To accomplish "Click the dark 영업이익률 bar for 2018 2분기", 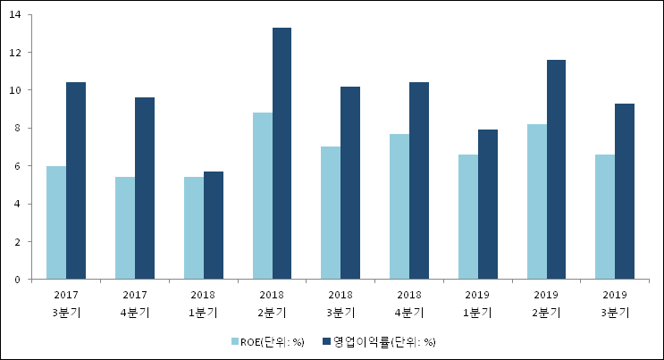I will click(x=282, y=154).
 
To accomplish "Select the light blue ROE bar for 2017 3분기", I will click(x=56, y=222).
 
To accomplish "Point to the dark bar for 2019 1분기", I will click(x=488, y=205).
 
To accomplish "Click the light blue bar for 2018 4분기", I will click(x=399, y=206).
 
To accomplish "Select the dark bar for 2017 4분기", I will click(x=145, y=188).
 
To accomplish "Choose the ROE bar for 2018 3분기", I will click(x=330, y=213).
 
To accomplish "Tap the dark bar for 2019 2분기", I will click(x=556, y=170).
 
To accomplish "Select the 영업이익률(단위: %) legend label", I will click(x=385, y=341).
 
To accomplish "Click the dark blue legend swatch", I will click(x=327, y=341).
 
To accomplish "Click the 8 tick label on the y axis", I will click(x=18, y=129).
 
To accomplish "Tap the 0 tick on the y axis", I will click(x=18, y=280).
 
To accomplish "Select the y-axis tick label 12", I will click(x=15, y=53).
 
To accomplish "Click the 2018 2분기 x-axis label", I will click(x=272, y=304).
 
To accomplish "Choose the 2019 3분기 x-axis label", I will click(x=615, y=304).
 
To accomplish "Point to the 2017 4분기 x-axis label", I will click(x=135, y=304).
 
